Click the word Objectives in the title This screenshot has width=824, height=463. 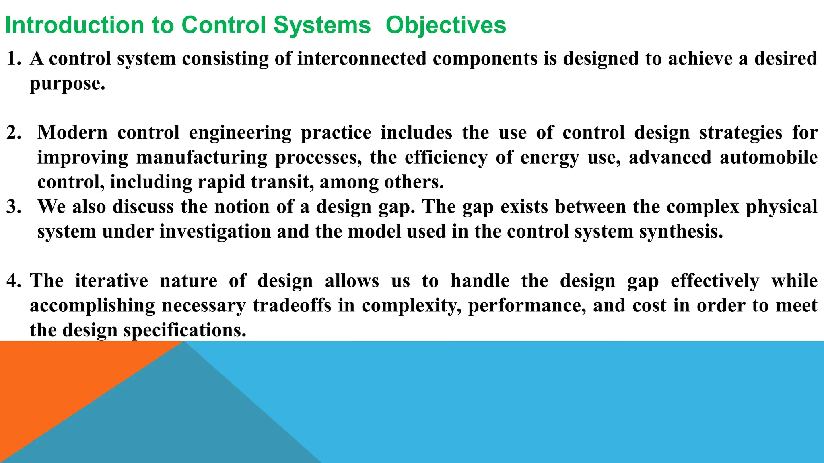445,25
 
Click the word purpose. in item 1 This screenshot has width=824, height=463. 67,84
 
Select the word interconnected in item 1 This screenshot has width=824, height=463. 362,59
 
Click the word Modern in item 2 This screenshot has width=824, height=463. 72,133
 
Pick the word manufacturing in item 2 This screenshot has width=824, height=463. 202,158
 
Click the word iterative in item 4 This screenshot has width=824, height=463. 111,281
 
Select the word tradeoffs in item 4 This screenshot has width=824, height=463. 292,305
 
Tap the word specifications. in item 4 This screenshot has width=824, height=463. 185,330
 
